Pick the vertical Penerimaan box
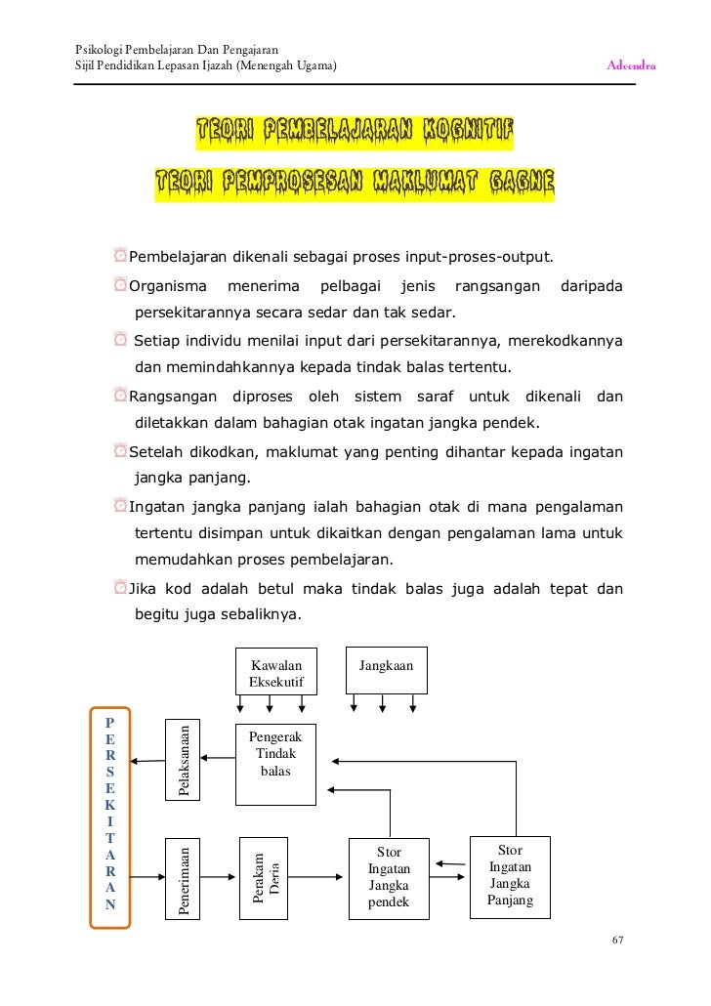183,878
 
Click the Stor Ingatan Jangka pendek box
390,877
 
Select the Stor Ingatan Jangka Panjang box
510,875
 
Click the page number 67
617,941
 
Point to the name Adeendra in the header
631,66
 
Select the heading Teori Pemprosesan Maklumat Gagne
355,183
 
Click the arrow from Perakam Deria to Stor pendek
317,877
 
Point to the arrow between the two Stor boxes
450,863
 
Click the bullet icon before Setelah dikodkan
119,454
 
